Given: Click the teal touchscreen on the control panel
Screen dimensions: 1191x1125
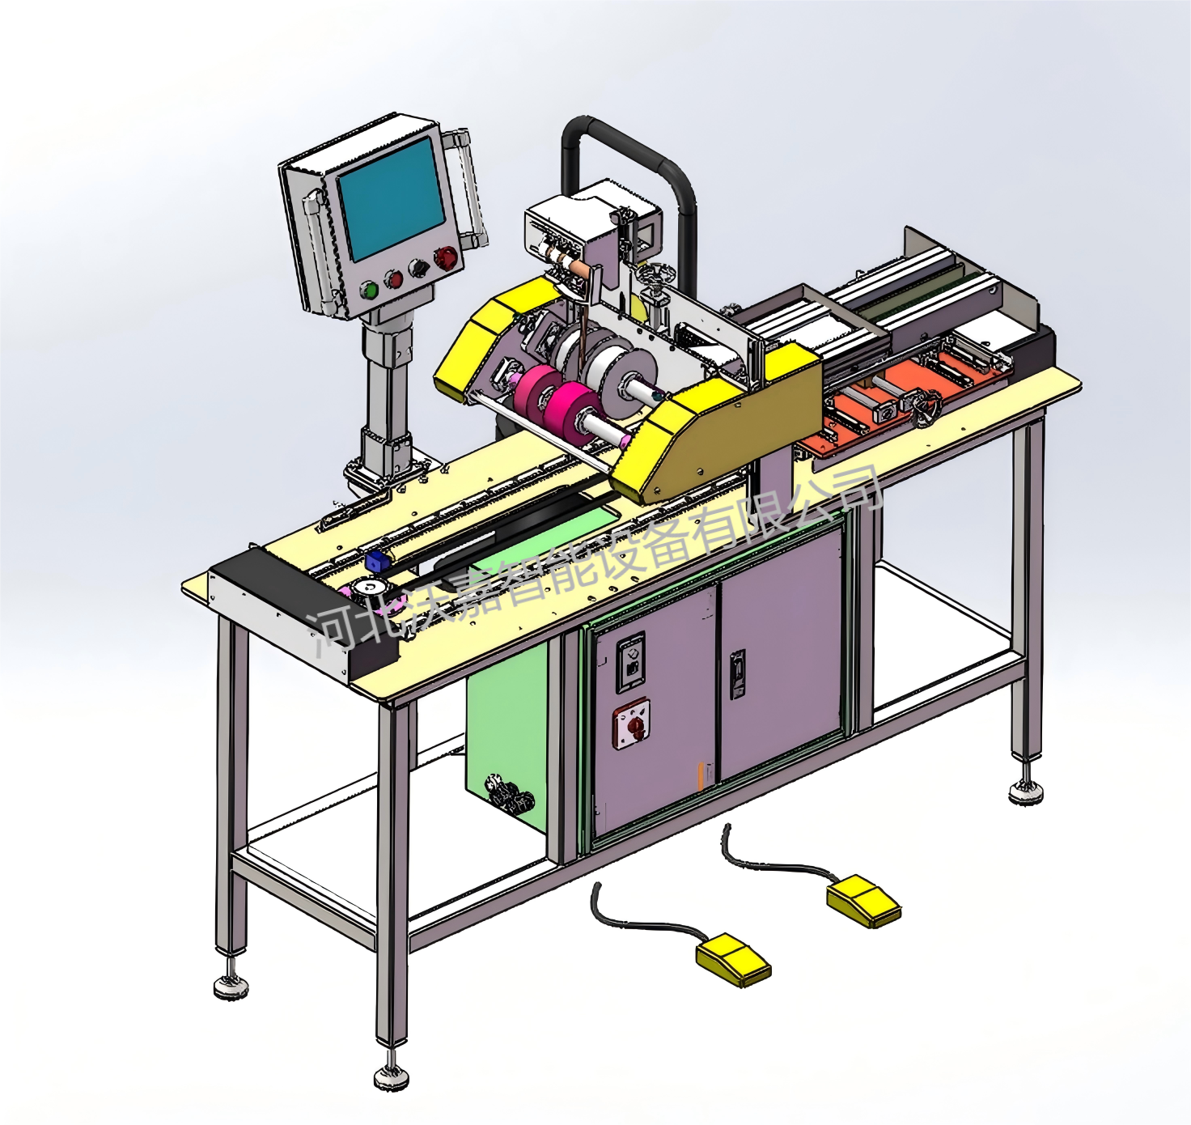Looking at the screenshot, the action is pyautogui.click(x=391, y=198).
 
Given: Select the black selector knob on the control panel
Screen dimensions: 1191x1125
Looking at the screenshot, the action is pyautogui.click(x=418, y=268).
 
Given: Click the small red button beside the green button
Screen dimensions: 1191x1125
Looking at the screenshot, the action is pyautogui.click(x=392, y=279).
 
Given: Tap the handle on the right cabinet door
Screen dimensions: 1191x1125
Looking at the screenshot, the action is pyautogui.click(x=737, y=674).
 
